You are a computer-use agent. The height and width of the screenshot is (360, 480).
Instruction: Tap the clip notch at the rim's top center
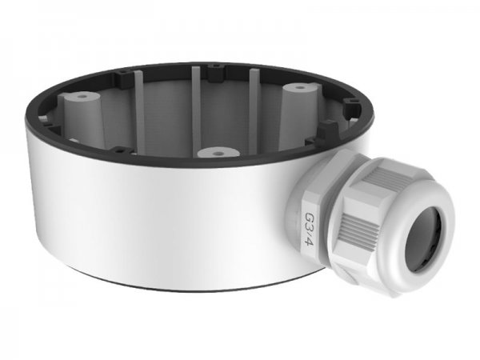point(214,78)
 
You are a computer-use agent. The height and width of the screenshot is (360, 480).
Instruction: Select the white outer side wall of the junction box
point(160,224)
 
